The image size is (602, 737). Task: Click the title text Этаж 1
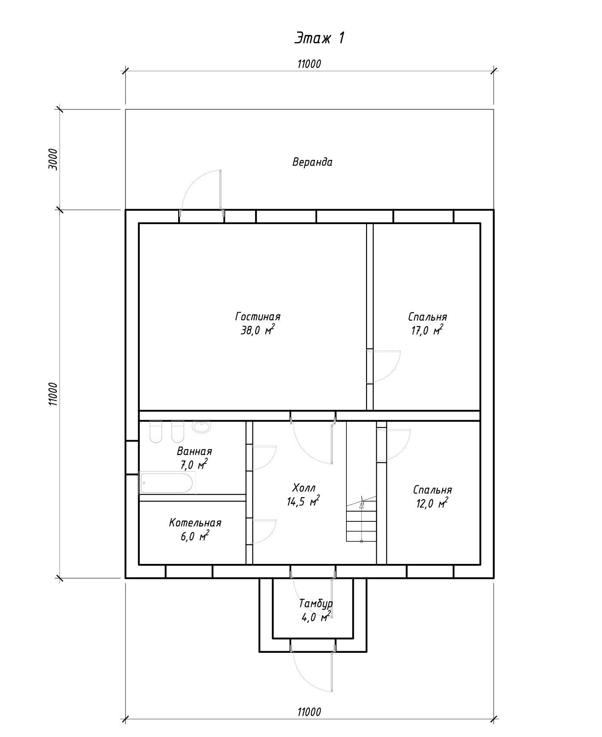[x=319, y=38]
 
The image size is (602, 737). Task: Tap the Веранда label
[x=312, y=162]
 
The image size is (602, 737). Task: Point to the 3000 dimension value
[x=53, y=159]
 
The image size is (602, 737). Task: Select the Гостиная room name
[x=258, y=317]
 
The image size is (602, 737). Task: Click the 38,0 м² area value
[x=258, y=330]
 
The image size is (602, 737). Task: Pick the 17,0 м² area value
[x=427, y=330]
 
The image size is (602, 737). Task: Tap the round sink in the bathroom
[x=201, y=427]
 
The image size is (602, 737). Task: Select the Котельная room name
[x=195, y=523]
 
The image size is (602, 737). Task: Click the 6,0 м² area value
[x=195, y=536]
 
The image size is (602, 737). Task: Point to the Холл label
[x=304, y=488]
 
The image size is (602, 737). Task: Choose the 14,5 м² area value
[x=303, y=501]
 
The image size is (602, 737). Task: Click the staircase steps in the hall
[x=361, y=521]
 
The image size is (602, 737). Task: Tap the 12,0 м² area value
[x=432, y=504]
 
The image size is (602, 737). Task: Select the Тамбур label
[x=316, y=603]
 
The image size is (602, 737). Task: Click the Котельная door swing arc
[x=270, y=536]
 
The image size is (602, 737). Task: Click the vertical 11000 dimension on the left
[x=53, y=394]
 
